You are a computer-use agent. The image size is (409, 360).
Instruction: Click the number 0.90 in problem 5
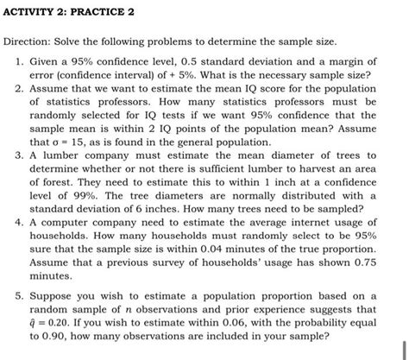click(x=57, y=337)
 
